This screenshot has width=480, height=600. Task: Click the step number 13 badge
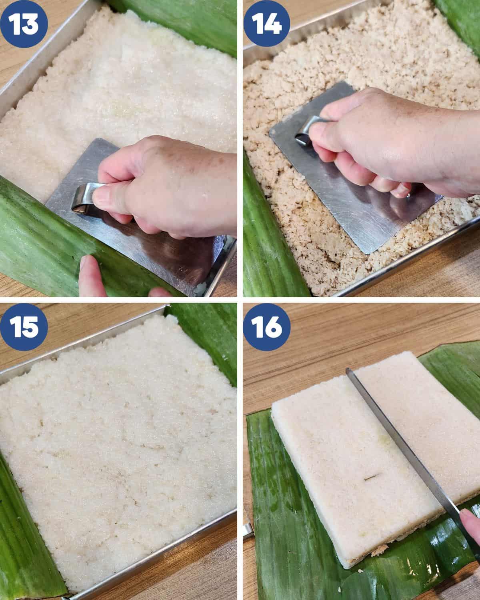(x=24, y=24)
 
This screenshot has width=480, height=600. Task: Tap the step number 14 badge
(x=266, y=24)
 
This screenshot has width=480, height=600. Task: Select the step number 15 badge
(x=24, y=327)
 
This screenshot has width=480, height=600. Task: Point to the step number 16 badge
(x=267, y=327)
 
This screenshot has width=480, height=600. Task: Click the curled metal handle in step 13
(x=84, y=198)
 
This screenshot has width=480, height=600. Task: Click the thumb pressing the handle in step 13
(x=112, y=198)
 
